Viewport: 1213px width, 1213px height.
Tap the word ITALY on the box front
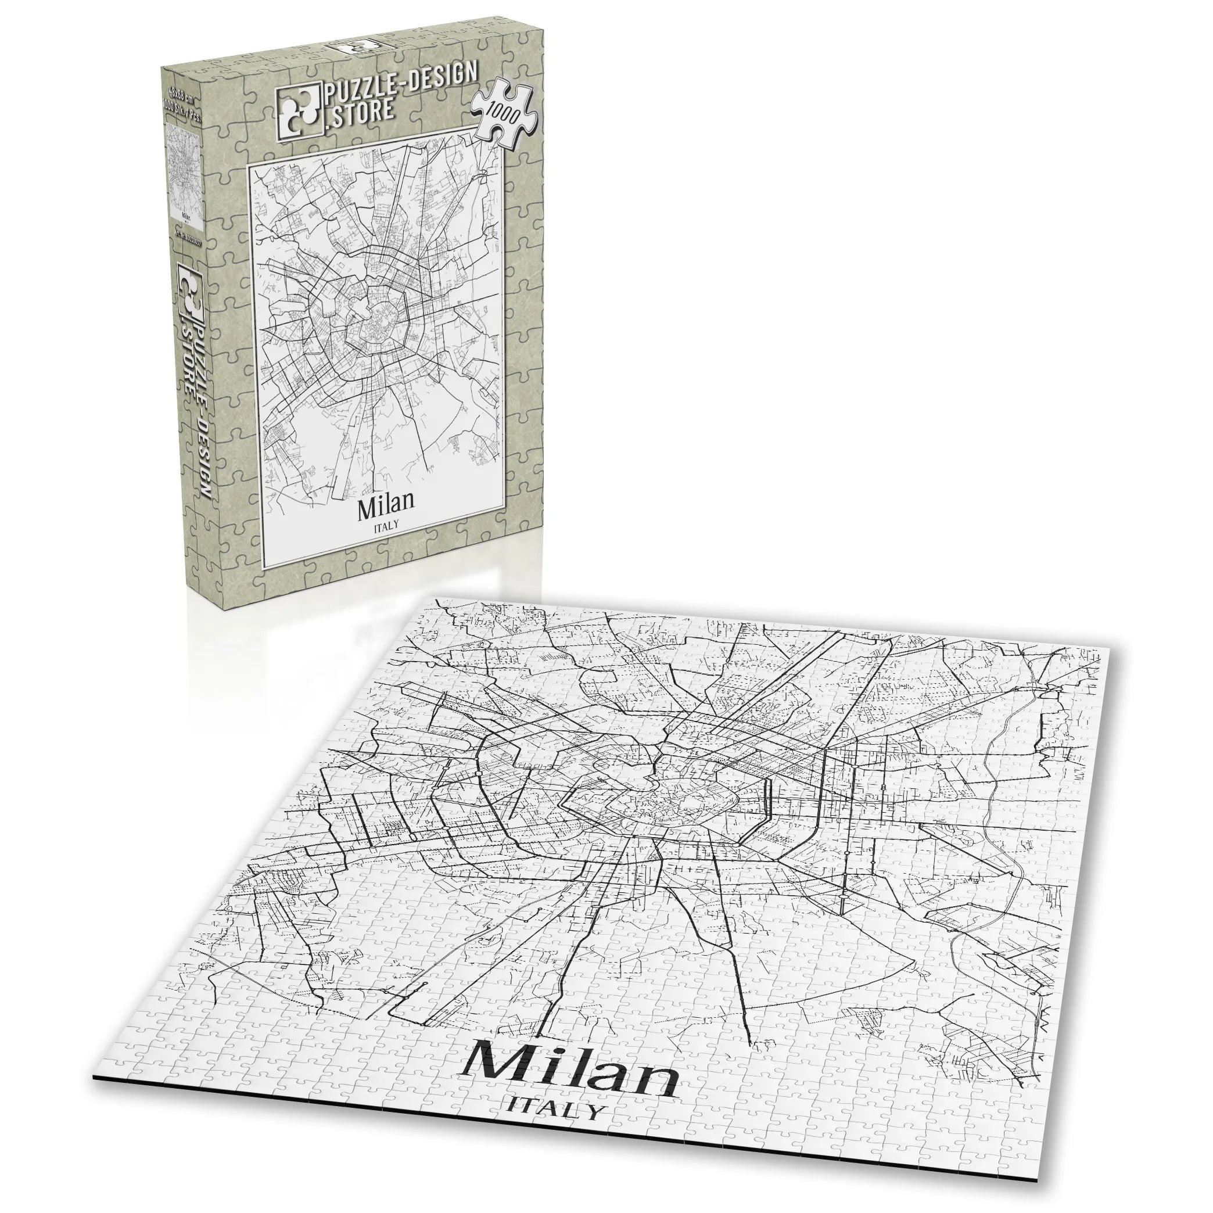386,528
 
